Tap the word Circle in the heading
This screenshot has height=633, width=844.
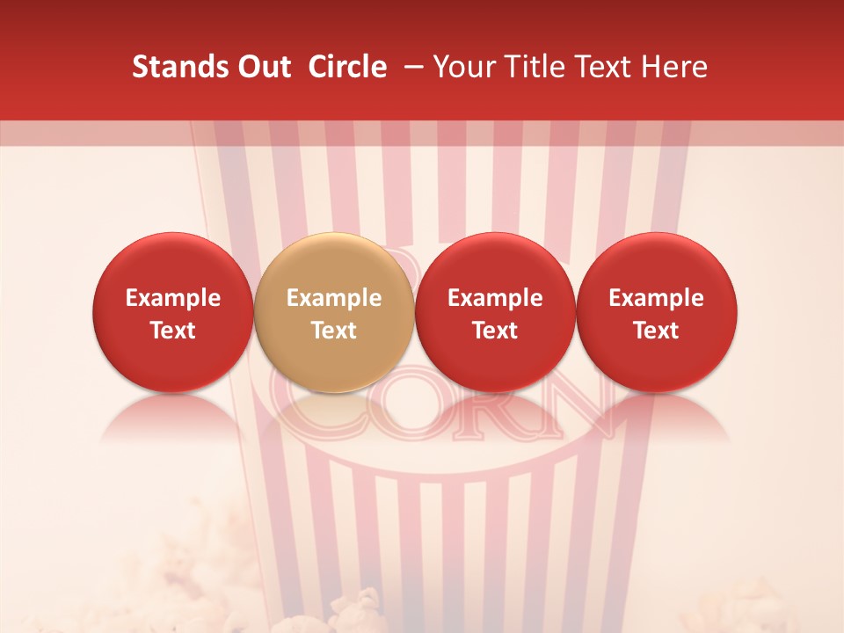point(347,67)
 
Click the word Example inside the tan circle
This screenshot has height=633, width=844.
point(333,298)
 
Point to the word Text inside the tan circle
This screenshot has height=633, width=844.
point(333,331)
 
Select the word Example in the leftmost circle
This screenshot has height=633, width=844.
point(172,298)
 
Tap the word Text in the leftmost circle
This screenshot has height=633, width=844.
point(172,331)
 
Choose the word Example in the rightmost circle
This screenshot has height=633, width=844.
point(656,298)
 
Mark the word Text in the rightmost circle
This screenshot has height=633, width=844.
point(656,331)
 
